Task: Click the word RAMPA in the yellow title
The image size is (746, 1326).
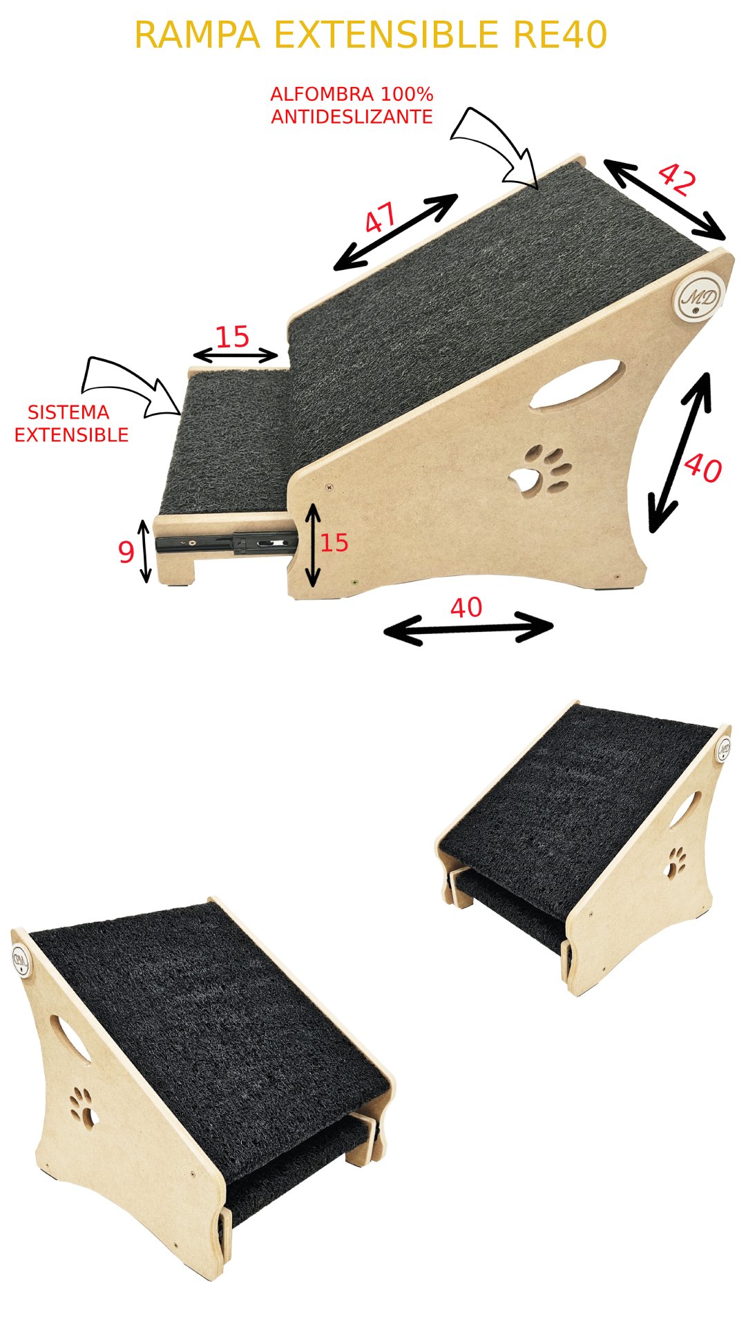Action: (x=198, y=35)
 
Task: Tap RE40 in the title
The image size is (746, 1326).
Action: (x=560, y=35)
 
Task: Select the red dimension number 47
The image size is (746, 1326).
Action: (x=381, y=218)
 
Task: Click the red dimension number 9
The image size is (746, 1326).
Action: (x=126, y=552)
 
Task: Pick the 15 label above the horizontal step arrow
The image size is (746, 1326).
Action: (x=232, y=337)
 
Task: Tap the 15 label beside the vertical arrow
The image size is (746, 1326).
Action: (x=334, y=543)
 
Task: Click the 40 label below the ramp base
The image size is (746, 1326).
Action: (x=466, y=608)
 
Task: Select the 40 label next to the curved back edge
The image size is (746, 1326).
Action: (x=703, y=468)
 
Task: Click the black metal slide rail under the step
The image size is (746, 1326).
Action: (x=227, y=543)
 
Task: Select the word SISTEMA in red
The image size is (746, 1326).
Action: (x=68, y=412)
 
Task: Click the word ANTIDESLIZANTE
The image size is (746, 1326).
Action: (x=352, y=117)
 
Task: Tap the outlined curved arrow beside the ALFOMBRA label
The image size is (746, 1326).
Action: (x=495, y=147)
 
